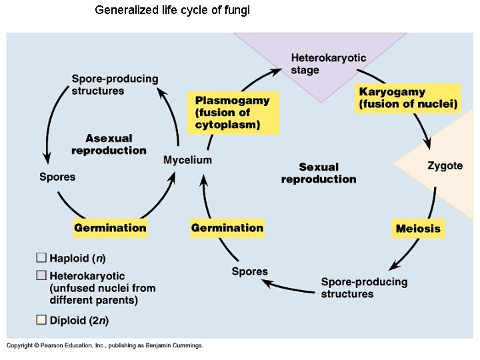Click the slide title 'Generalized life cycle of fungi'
(173, 11)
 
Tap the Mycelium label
(187, 159)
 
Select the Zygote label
(445, 165)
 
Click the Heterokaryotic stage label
(328, 64)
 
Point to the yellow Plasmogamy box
(233, 113)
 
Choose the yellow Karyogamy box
(408, 98)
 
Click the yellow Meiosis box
(418, 229)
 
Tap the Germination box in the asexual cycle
(110, 228)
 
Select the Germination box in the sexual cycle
(227, 228)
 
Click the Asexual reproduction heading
(109, 144)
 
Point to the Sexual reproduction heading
(319, 173)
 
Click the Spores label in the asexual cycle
(57, 177)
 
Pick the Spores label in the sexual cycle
(249, 271)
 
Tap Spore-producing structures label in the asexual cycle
(115, 84)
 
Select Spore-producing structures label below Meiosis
(364, 287)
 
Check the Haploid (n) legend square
(41, 258)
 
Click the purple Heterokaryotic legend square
(41, 275)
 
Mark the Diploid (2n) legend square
(41, 320)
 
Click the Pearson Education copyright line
(105, 345)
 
